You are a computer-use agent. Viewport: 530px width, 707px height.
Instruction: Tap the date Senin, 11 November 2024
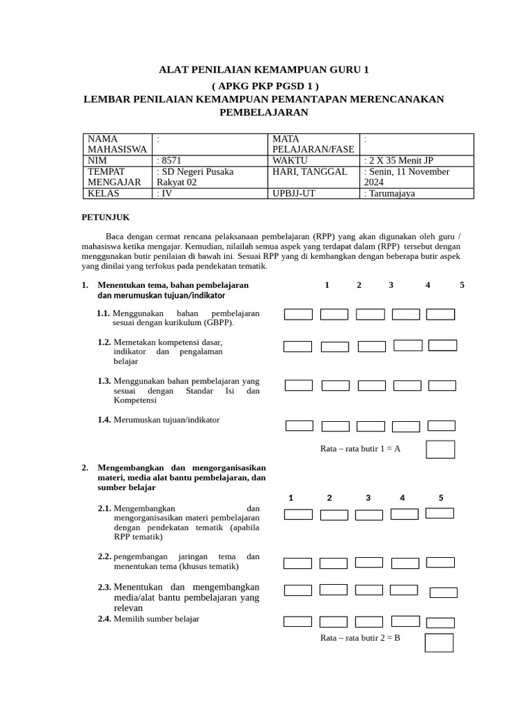(407, 177)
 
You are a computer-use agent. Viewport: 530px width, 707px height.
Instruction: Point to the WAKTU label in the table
(290, 160)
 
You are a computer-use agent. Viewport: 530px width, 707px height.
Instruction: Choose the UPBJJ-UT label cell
(295, 193)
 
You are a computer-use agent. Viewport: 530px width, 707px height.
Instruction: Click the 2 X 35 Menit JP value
(401, 160)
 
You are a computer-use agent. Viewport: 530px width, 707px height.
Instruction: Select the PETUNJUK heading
(106, 217)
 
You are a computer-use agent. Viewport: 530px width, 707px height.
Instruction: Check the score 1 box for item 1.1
(298, 315)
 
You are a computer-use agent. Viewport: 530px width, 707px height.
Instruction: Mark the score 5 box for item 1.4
(441, 426)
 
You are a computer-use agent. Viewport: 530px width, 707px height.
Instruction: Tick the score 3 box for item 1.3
(371, 386)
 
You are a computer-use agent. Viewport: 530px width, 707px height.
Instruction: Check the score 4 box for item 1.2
(408, 345)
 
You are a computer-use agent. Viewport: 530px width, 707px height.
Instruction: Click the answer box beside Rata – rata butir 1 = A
(440, 449)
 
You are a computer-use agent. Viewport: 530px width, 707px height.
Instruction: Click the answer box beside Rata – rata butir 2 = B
(439, 643)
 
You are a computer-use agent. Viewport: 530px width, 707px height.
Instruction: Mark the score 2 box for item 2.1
(334, 515)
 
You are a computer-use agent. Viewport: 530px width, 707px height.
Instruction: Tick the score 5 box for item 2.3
(443, 592)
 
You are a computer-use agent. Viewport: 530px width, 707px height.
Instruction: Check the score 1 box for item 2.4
(298, 621)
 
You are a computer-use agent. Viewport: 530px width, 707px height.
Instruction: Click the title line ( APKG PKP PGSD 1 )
(265, 85)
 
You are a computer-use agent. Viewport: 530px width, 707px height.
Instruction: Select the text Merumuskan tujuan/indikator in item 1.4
(167, 420)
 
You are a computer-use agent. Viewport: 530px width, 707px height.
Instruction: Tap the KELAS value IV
(166, 193)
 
